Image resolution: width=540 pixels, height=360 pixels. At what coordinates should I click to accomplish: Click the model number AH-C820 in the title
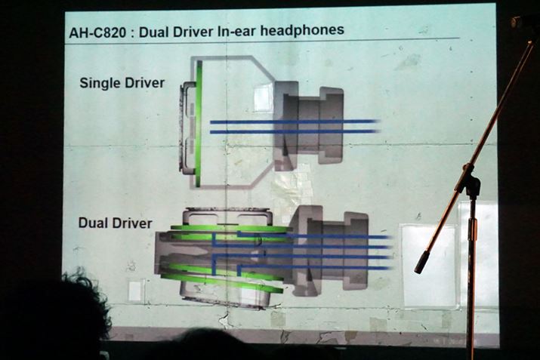coord(97,32)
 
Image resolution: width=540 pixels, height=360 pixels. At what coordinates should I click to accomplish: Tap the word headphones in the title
coord(302,29)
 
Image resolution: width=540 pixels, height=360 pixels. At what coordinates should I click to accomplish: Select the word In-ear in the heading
coord(237,31)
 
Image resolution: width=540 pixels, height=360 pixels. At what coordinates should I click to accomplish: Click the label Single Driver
coord(122,83)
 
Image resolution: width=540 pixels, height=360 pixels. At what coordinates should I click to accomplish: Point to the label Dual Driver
coord(116,223)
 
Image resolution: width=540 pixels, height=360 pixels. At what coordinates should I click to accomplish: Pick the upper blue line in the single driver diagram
coord(295,122)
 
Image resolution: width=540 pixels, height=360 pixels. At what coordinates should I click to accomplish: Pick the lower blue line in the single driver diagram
coord(295,131)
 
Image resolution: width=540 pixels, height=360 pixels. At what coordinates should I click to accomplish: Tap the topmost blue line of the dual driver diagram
coord(314,235)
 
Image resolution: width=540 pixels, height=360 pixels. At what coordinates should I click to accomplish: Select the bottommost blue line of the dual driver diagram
coord(314,267)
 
